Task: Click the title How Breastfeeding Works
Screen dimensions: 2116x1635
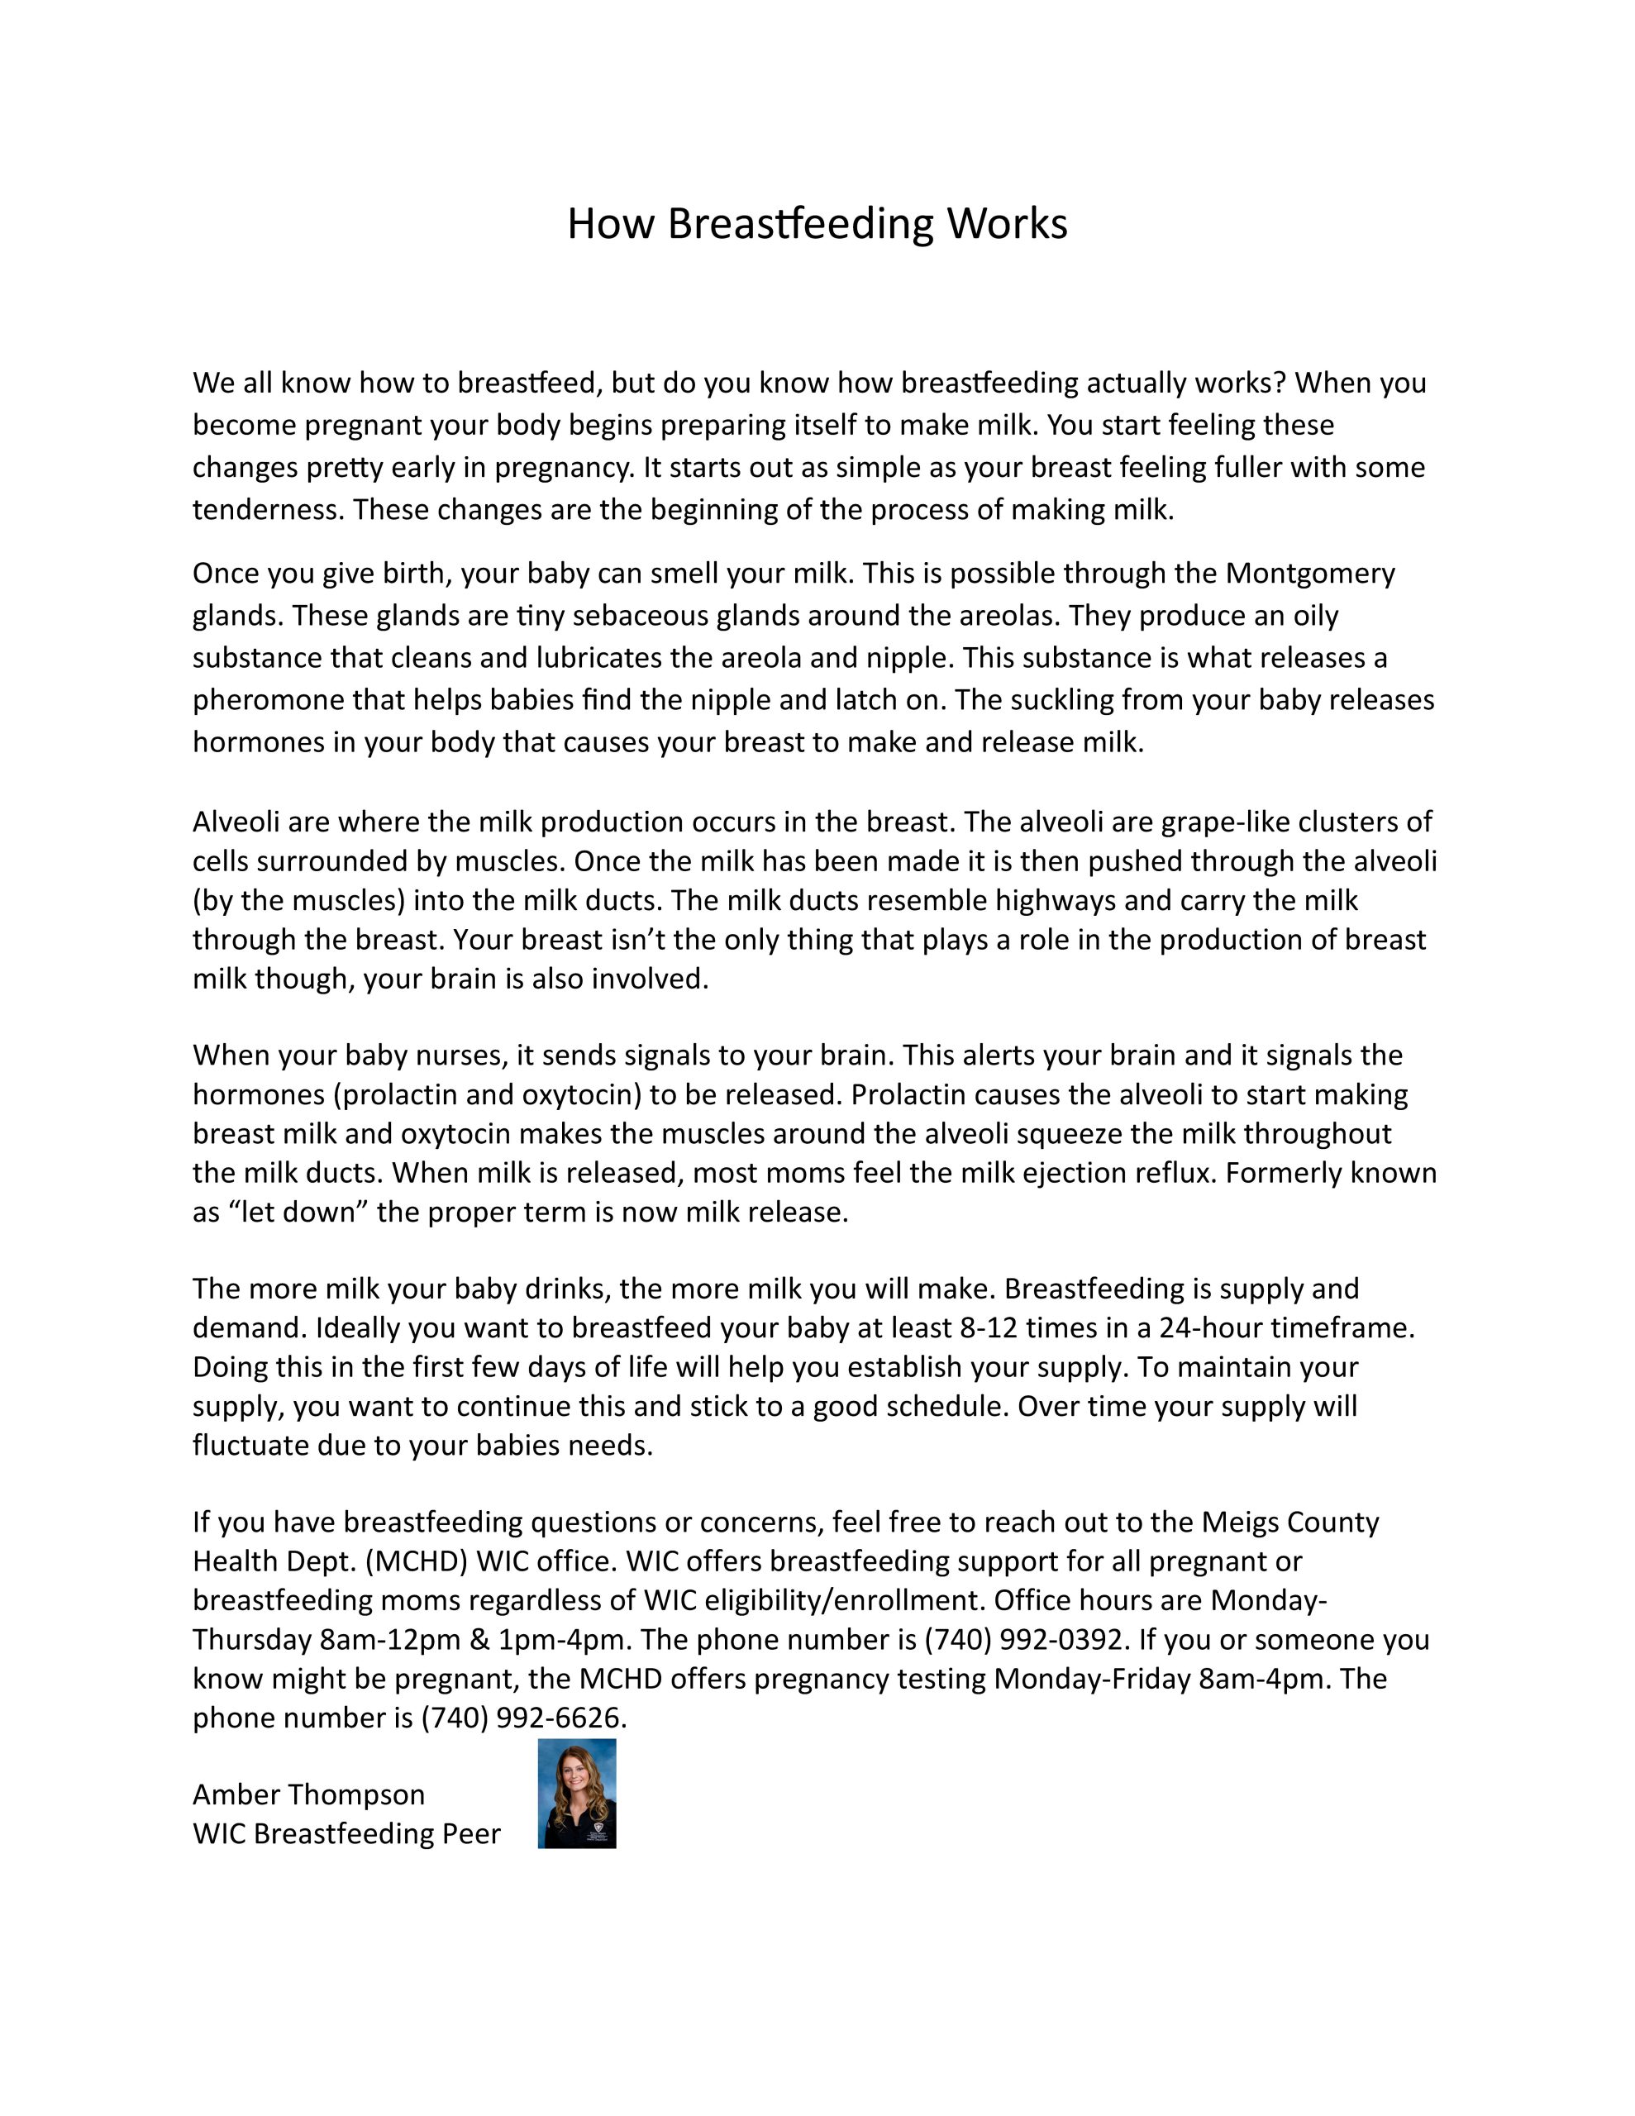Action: [x=816, y=224]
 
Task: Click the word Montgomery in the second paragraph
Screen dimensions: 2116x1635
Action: [x=1309, y=574]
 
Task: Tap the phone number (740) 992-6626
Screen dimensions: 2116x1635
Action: [x=522, y=1718]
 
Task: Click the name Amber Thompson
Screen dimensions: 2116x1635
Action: [x=308, y=1794]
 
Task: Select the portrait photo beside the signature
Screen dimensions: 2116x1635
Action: [x=577, y=1794]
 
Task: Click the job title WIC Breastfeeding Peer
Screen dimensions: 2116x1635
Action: [x=346, y=1834]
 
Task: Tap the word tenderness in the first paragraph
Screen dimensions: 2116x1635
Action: [x=268, y=511]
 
